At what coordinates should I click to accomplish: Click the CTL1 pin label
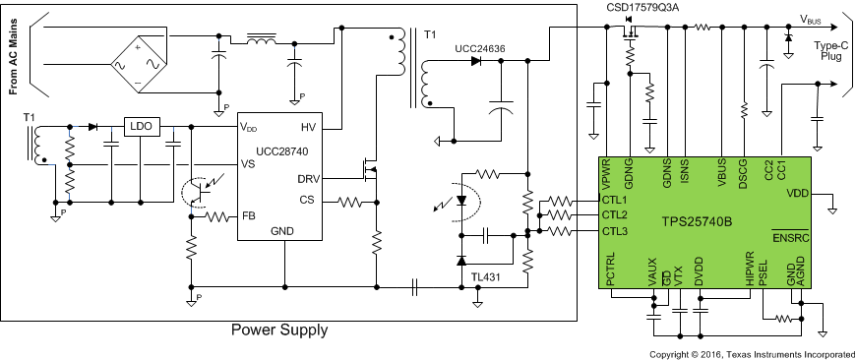coord(615,200)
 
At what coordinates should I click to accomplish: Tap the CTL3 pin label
coord(615,231)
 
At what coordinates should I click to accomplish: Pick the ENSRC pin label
coord(790,239)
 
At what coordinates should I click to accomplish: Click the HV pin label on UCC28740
coord(308,128)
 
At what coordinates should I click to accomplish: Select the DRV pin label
coord(308,178)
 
